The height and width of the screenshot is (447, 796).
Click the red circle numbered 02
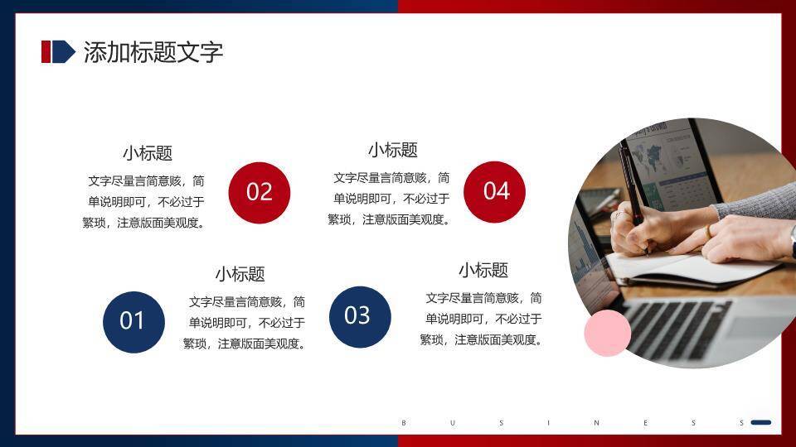pos(260,192)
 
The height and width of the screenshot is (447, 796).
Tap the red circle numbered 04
pos(495,191)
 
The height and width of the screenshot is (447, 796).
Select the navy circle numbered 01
pos(133,321)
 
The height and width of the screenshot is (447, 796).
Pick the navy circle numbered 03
pos(359,315)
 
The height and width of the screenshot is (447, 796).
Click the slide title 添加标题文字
pos(153,52)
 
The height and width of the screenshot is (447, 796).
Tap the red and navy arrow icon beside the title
pos(57,51)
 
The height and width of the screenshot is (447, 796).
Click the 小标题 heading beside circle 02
pos(148,153)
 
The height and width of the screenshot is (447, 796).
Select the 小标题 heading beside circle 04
pos(392,150)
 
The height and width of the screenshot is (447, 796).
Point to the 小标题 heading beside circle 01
pos(240,274)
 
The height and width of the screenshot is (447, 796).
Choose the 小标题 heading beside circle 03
pos(483,271)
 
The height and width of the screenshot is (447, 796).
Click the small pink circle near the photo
pos(607,333)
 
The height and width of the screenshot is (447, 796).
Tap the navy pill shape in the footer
pos(760,422)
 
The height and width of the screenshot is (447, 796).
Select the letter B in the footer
pos(404,423)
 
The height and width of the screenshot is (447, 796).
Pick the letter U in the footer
pos(452,423)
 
